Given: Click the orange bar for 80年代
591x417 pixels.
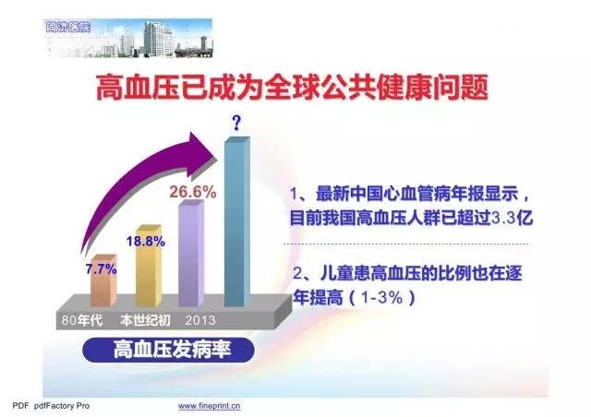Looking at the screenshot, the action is pyautogui.click(x=103, y=280).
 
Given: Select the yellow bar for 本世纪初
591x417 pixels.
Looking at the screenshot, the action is pyautogui.click(x=149, y=266).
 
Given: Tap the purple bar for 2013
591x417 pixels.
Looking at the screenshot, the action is pyautogui.click(x=191, y=253).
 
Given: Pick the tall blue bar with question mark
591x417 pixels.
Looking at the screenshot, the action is pyautogui.click(x=237, y=222).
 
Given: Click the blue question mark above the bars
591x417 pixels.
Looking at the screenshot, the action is pyautogui.click(x=236, y=123).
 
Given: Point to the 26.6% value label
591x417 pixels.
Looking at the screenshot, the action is pyautogui.click(x=193, y=192).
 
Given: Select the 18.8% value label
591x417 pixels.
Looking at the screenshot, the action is pyautogui.click(x=146, y=241).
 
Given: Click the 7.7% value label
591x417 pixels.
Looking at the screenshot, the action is pyautogui.click(x=101, y=269).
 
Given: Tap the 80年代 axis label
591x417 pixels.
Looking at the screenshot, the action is pyautogui.click(x=82, y=320).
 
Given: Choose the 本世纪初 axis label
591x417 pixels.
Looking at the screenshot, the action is pyautogui.click(x=145, y=320).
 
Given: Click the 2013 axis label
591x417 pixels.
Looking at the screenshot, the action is pyautogui.click(x=200, y=320).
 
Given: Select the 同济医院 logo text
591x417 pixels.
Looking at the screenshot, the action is pyautogui.click(x=67, y=27).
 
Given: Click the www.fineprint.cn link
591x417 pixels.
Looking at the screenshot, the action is pyautogui.click(x=210, y=406).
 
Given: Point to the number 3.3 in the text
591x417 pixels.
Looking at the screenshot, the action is pyautogui.click(x=503, y=218).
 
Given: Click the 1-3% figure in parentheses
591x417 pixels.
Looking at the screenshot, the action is pyautogui.click(x=381, y=298).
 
